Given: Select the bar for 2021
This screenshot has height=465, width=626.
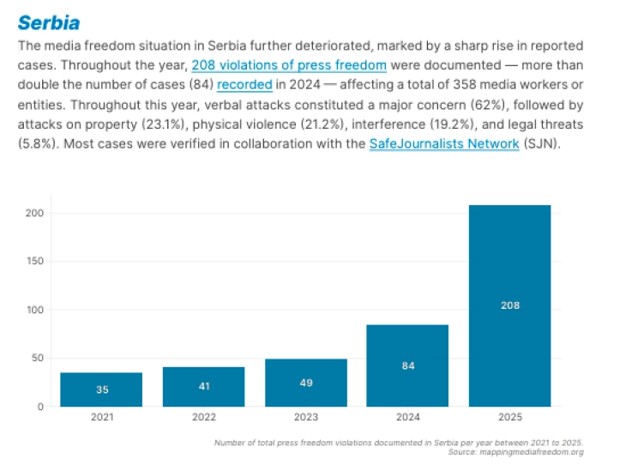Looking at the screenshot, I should click(101, 390).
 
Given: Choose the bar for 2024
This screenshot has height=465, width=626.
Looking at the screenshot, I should click(407, 365).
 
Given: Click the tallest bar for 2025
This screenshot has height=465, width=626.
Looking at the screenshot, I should click(509, 305).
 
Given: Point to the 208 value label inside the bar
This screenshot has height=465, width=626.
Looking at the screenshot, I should click(509, 305).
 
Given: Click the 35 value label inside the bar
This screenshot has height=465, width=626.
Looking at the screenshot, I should click(101, 390).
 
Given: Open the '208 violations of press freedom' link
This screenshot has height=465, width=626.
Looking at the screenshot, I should click(289, 64).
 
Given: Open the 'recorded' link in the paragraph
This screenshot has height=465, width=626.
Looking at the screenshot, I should click(244, 85).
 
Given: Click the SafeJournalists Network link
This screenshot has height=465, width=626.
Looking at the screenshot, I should click(444, 143).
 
